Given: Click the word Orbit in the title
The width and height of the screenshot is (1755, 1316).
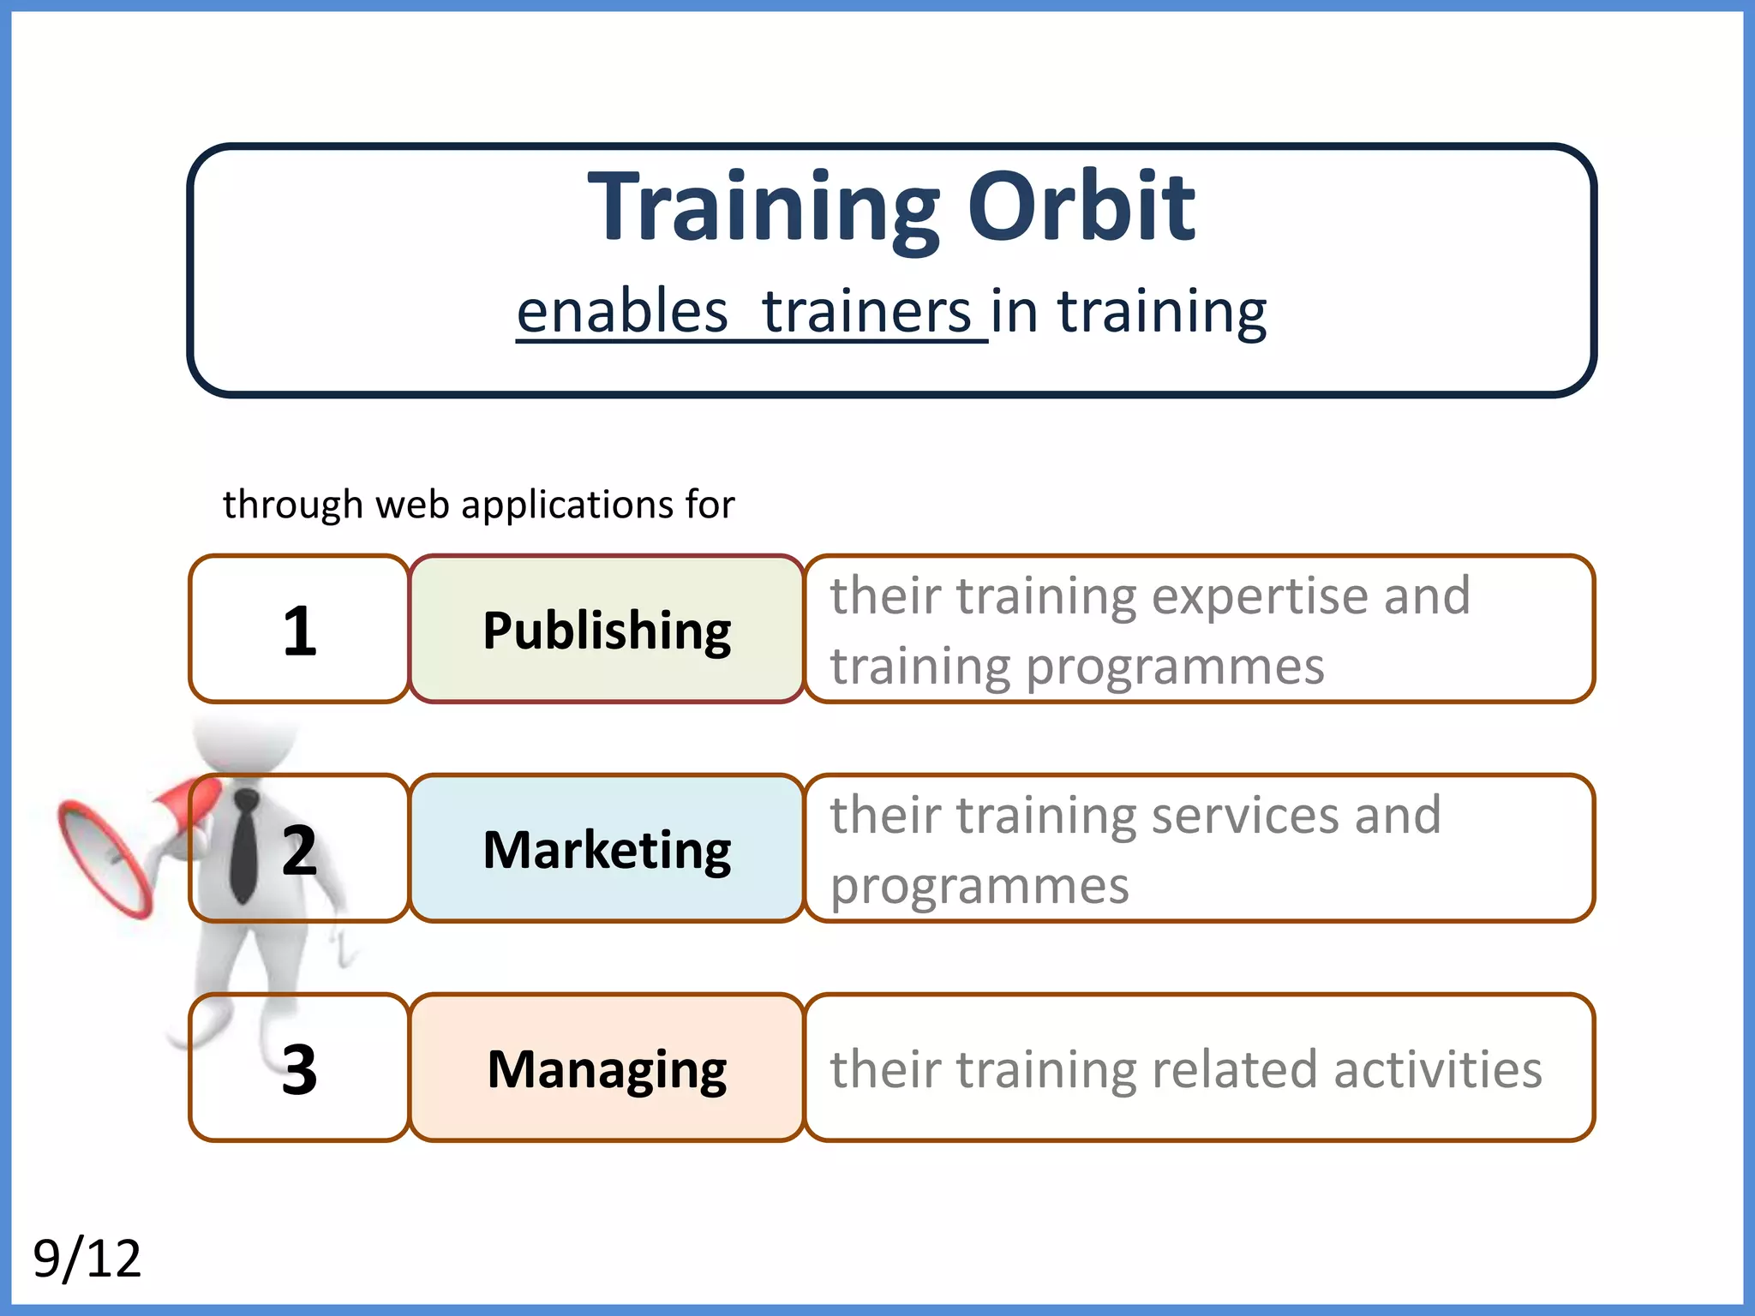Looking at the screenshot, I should coord(1081,207).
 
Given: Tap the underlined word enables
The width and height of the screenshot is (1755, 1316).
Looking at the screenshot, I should coord(622,312).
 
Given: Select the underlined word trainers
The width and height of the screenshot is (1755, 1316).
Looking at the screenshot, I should coord(866,312).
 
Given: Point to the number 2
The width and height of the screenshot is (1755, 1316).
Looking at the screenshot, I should coord(299,850).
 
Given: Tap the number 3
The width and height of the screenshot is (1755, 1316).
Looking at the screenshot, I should coord(299,1069).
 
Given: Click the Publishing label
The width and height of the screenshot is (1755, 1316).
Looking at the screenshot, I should coord(607,631).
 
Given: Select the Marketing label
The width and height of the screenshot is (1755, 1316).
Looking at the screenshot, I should coord(607,850).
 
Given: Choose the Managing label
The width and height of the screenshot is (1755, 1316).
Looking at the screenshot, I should coord(607,1069).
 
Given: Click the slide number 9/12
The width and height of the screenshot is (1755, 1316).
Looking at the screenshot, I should coord(87,1258).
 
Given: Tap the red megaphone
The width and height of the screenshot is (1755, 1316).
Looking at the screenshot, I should coord(107,857).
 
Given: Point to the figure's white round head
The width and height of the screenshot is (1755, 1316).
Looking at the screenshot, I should coord(244,741).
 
